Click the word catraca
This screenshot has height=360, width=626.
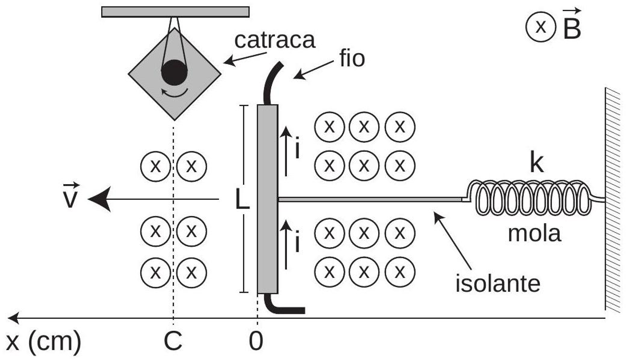tap(275, 41)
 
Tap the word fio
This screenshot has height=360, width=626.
tap(353, 58)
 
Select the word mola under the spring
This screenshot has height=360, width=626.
tap(534, 234)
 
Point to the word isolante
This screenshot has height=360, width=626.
tap(498, 284)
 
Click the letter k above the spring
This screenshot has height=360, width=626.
tap(537, 163)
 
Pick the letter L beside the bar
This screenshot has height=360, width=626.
tap(242, 199)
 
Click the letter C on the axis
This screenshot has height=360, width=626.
tap(173, 341)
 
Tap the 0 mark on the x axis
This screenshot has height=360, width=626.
tap(256, 341)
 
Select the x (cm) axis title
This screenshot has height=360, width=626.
tap(43, 342)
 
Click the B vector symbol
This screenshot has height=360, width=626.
tap(572, 25)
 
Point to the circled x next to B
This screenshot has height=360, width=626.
tap(541, 27)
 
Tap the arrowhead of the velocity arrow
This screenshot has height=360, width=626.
tap(99, 199)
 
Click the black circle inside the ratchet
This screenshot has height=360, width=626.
tap(174, 73)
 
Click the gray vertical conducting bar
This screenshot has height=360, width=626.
tap(268, 199)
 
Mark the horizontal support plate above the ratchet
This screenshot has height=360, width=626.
tap(175, 12)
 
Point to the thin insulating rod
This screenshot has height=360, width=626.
tap(370, 199)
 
